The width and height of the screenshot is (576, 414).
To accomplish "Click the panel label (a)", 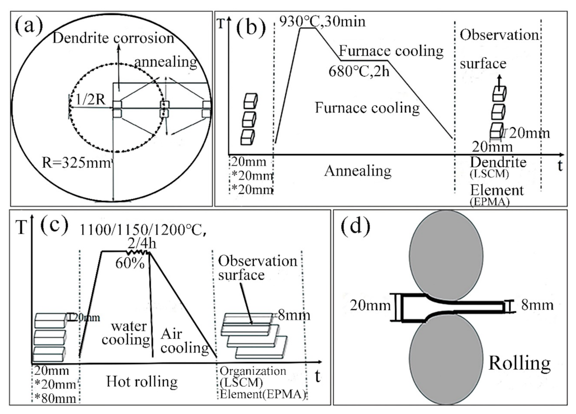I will pos(35,27).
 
